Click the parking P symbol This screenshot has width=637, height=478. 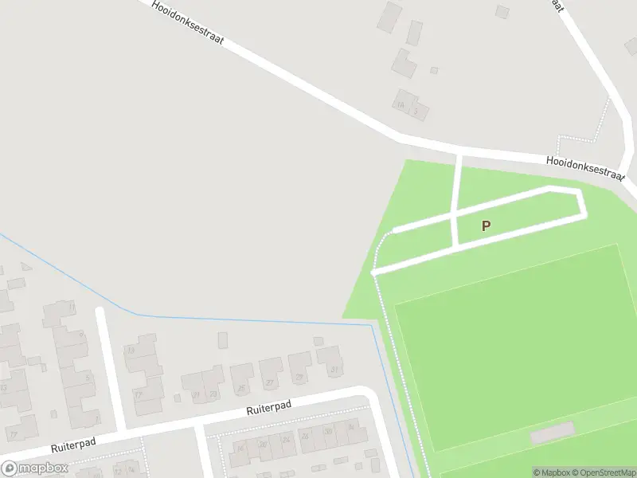[486, 225]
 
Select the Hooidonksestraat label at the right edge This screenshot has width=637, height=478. [584, 167]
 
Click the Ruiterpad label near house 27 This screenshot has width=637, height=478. [268, 409]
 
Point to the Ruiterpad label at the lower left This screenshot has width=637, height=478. [74, 445]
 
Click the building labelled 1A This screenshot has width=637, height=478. [402, 104]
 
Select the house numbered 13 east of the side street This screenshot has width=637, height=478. [131, 351]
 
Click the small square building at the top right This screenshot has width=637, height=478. [502, 12]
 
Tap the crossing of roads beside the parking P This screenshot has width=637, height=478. [454, 215]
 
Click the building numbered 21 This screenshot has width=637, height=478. [195, 393]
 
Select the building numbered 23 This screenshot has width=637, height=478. [213, 394]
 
